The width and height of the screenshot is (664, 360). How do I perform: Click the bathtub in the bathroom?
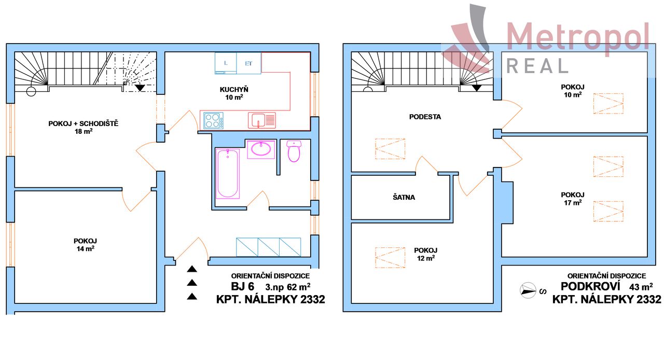tap(228, 173)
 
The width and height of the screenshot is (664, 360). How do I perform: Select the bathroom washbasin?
tap(261, 149)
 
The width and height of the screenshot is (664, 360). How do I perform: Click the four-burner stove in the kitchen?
tap(213, 120)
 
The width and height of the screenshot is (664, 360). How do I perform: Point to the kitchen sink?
tap(262, 120)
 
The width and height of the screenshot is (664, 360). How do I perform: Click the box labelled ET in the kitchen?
tap(248, 63)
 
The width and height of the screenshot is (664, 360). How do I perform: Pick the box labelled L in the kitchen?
tap(226, 63)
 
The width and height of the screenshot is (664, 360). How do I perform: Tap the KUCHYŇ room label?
tap(234, 90)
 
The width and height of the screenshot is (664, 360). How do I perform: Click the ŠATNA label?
tap(404, 197)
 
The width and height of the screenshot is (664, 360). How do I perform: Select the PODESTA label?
tap(425, 117)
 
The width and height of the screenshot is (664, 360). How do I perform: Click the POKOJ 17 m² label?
tap(572, 199)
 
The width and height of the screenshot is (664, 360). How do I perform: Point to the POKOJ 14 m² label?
tap(86, 245)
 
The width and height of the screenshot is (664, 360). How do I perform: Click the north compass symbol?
tap(528, 290)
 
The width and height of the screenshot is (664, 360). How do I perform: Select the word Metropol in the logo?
tap(578, 37)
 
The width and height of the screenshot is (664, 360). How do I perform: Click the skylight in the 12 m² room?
tap(390, 258)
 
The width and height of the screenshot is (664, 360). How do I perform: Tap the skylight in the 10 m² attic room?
tap(608, 104)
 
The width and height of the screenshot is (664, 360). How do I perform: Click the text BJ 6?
tap(242, 286)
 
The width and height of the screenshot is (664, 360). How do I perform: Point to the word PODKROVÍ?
tap(590, 286)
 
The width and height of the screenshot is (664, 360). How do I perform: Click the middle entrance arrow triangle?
tap(192, 283)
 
